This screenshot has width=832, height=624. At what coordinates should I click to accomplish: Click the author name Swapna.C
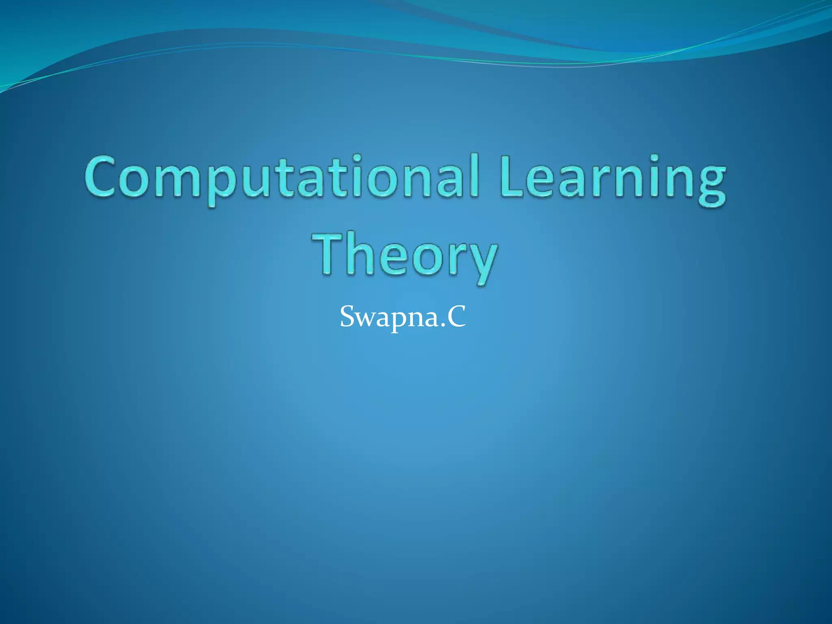coord(403,316)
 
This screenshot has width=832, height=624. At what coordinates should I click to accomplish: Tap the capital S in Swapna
coord(348,316)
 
